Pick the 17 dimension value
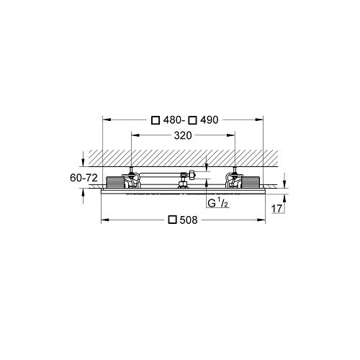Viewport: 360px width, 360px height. click(x=277, y=209)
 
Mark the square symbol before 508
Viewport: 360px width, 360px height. click(x=172, y=220)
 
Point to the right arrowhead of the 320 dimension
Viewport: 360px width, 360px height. click(x=234, y=135)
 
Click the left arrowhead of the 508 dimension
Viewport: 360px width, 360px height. click(x=103, y=220)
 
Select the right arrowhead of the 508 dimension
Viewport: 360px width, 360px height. click(x=264, y=220)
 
